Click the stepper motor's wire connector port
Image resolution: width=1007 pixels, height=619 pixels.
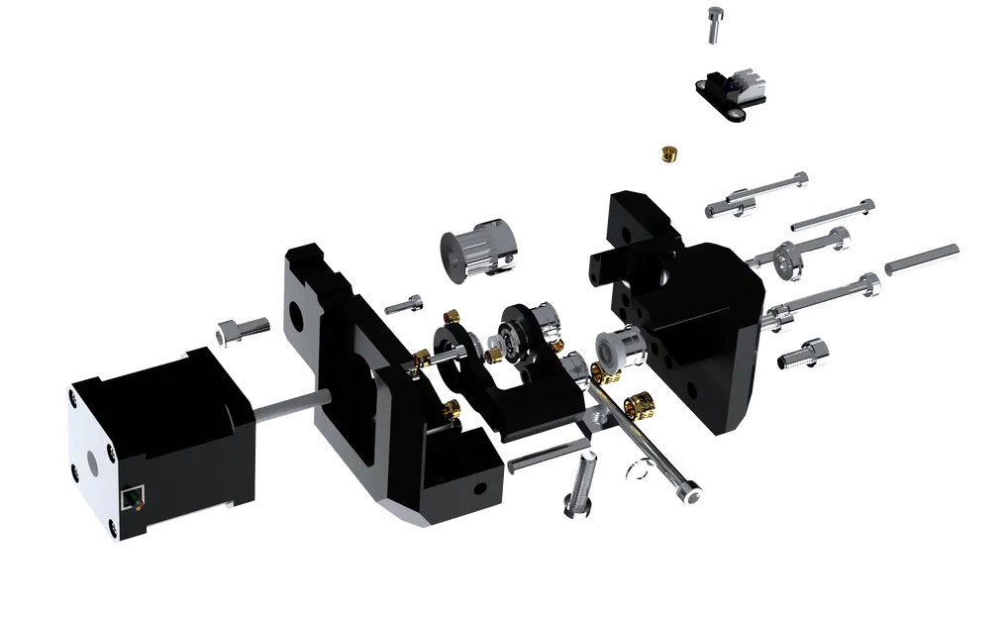(131, 497)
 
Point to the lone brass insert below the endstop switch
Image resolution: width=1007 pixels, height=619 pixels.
(670, 153)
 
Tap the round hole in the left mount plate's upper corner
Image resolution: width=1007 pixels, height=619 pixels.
(296, 309)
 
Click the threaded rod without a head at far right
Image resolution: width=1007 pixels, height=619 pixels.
(921, 256)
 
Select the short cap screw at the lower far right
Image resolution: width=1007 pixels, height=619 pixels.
(803, 354)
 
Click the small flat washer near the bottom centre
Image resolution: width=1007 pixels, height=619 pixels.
(637, 475)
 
